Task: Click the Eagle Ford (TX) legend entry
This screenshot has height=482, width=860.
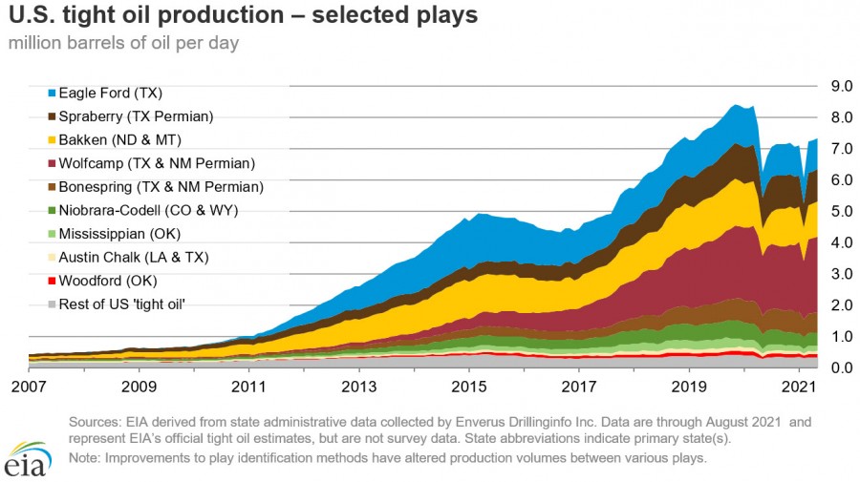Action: [111, 94]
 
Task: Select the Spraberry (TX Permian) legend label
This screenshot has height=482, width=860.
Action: [136, 116]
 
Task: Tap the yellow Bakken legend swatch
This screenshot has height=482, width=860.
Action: [52, 140]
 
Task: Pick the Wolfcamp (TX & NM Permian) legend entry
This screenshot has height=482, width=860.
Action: [157, 163]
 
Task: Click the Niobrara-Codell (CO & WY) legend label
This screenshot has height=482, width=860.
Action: [148, 210]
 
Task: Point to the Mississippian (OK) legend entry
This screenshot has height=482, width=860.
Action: [119, 234]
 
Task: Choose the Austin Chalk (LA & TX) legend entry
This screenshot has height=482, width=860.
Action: [133, 257]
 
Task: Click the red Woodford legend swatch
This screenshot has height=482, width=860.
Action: [52, 281]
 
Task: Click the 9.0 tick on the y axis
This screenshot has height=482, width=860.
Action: [841, 86]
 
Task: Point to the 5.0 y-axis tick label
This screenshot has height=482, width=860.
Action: [841, 211]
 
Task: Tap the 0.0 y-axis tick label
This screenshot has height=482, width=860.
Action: [841, 368]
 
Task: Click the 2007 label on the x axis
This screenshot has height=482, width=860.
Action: [29, 388]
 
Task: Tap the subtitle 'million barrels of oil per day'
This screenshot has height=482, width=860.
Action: [124, 43]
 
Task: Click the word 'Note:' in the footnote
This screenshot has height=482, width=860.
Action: [87, 458]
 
